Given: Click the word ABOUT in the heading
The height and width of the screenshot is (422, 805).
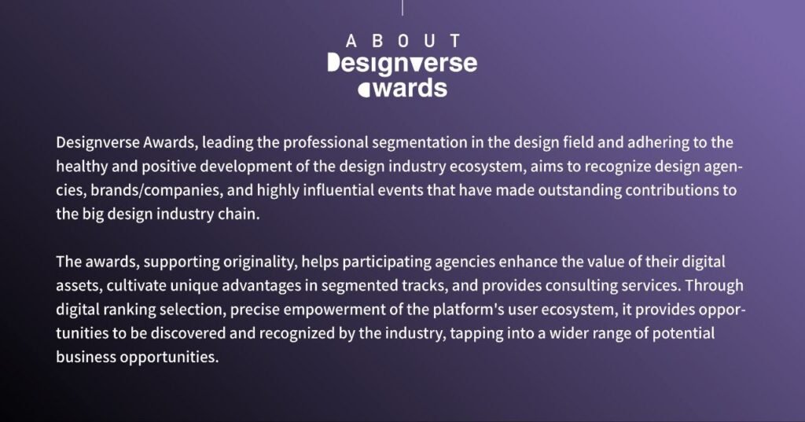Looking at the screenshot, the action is click(402, 41).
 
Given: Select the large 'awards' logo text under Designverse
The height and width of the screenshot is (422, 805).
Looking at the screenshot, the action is click(402, 88).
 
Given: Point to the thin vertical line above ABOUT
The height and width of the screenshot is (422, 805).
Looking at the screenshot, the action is click(402, 8).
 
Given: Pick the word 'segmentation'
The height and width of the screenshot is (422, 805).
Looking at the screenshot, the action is click(420, 143).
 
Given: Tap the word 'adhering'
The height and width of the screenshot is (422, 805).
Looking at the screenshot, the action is click(658, 142).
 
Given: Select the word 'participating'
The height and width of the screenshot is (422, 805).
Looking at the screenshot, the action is click(387, 262).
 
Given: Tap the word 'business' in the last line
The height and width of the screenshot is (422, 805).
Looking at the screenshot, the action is click(86, 357).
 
